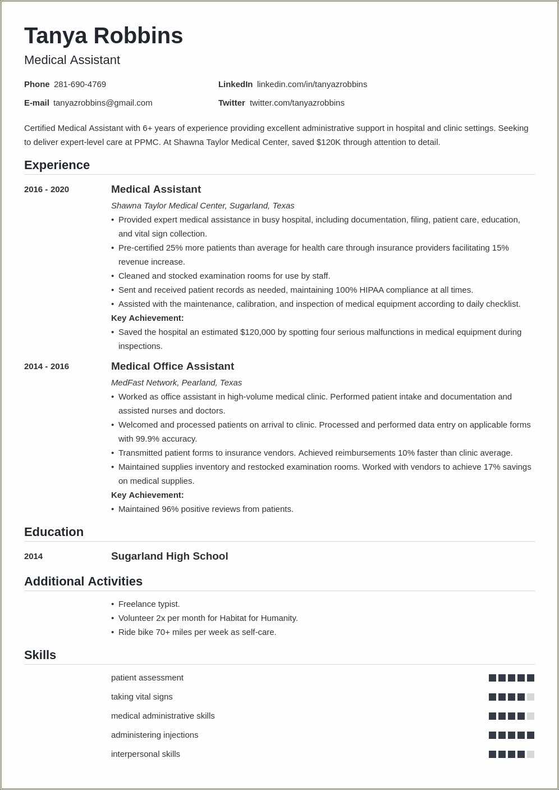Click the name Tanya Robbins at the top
pos(103,36)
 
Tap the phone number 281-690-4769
pos(80,84)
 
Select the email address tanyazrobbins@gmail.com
pos(103,103)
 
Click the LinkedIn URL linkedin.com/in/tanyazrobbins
pos(311,84)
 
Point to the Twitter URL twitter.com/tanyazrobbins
pos(297,103)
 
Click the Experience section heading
pos(57,165)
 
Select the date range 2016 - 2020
pos(47,189)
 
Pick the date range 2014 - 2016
pos(47,366)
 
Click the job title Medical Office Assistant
pos(172,366)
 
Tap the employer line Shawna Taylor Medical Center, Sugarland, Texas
pos(203,206)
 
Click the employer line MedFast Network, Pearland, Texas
pos(176,383)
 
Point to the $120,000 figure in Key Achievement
pos(258,332)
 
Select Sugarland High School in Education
pos(169,556)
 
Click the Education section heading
pos(54,532)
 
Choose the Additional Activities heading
pos(83,582)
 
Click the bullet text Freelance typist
pos(149,604)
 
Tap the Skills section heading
pos(40,655)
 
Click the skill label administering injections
pos(154,735)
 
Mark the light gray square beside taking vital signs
pos(530,697)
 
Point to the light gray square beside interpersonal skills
pos(530,755)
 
